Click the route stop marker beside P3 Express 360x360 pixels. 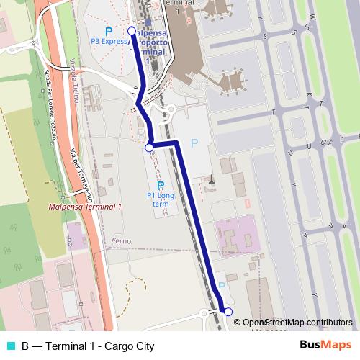[x=131, y=31]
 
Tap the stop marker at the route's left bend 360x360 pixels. [x=149, y=148]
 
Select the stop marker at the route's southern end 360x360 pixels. [x=228, y=312]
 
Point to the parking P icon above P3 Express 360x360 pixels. [x=108, y=32]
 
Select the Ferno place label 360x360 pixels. [x=122, y=240]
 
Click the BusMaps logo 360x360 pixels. [x=325, y=346]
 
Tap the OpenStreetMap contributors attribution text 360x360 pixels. [x=298, y=323]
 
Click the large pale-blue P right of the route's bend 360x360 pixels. [x=193, y=144]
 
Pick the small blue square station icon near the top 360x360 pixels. [x=148, y=22]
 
